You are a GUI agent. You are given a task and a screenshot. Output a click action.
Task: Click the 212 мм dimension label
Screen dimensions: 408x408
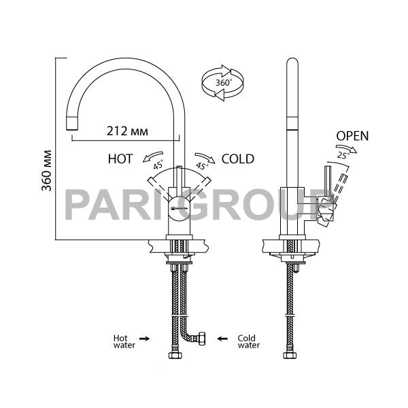point(127,131)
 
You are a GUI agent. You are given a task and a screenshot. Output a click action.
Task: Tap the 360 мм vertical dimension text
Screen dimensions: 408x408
point(47,171)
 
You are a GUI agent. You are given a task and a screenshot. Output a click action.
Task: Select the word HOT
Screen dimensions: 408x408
point(120,158)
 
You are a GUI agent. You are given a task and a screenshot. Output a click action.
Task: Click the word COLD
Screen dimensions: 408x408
point(238,158)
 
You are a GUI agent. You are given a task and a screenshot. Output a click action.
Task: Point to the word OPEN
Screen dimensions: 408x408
point(352,136)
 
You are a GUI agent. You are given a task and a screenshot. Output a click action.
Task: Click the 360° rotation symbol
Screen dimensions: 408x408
point(223,83)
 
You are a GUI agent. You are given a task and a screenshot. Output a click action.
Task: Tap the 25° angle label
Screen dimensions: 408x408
point(343,156)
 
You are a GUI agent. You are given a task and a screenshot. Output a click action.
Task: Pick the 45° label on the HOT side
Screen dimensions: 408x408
point(158,165)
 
